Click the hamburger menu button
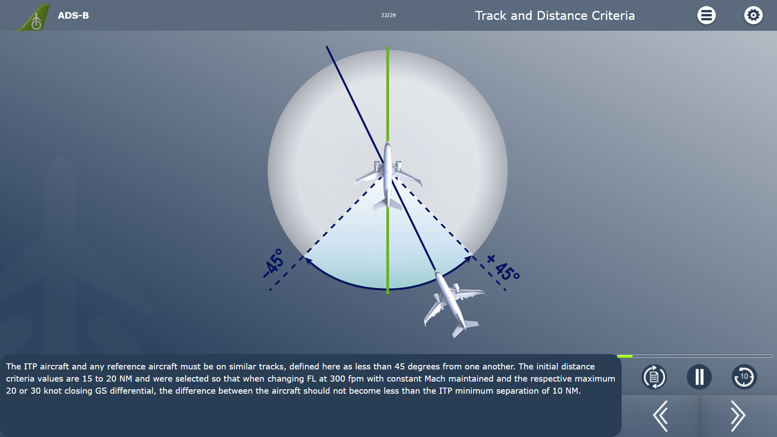[x=706, y=15]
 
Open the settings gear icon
[x=753, y=15]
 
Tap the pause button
[x=699, y=377]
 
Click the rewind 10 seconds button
[x=744, y=377]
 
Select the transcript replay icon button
[x=654, y=377]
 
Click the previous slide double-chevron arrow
[x=660, y=416]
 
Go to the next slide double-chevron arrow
[x=738, y=416]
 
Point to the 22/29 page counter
[x=388, y=15]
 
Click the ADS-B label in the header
[x=73, y=15]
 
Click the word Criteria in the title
[x=613, y=15]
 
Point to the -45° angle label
[x=274, y=263]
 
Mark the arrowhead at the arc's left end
[x=308, y=261]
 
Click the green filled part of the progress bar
[x=624, y=356]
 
